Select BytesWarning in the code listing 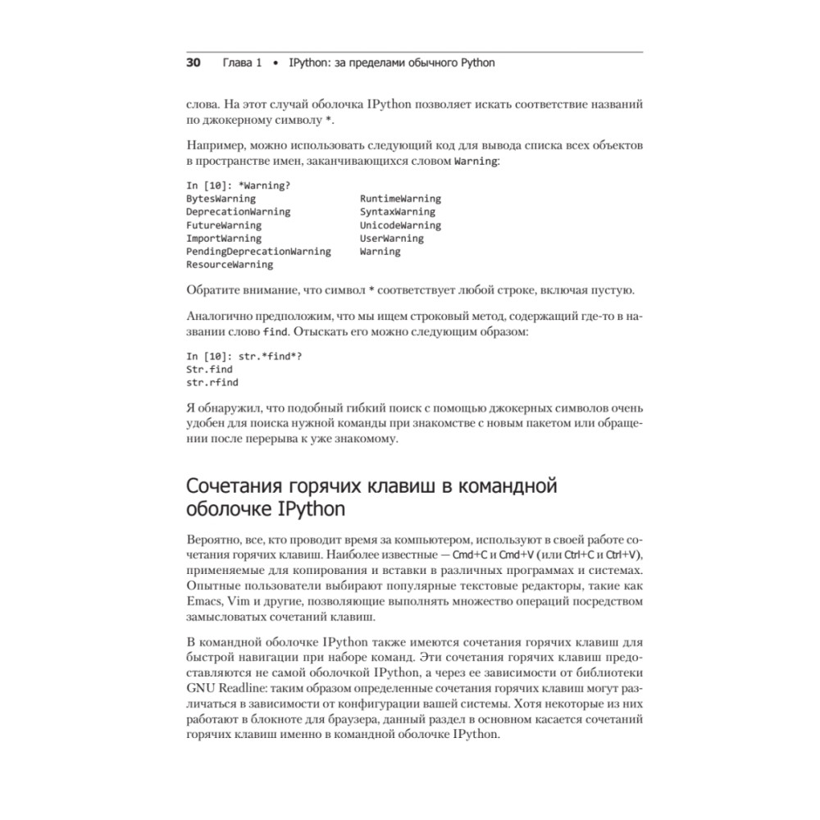pos(221,198)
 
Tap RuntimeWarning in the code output pos(399,198)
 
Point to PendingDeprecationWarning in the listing pos(258,252)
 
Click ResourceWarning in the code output pos(230,265)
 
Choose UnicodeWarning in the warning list pos(399,225)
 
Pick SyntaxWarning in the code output pos(397,212)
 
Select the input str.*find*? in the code pos(263,356)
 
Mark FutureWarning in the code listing pos(224,225)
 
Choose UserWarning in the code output pos(391,239)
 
